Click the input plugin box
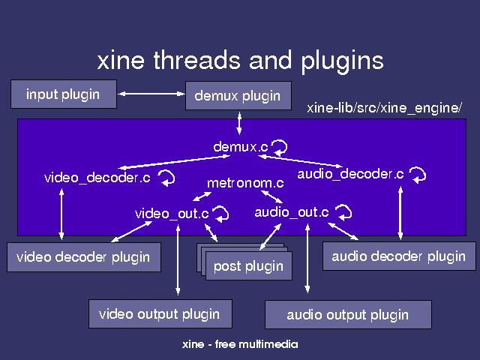[64, 95]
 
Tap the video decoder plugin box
[83, 257]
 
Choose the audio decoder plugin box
[398, 256]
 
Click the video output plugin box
[159, 313]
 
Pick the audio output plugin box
[348, 314]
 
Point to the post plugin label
[248, 266]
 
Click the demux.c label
[241, 147]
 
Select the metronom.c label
[245, 182]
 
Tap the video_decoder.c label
[97, 178]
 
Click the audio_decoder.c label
[351, 174]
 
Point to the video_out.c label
[172, 214]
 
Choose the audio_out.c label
[291, 212]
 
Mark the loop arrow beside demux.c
[280, 145]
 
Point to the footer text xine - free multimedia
[240, 345]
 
